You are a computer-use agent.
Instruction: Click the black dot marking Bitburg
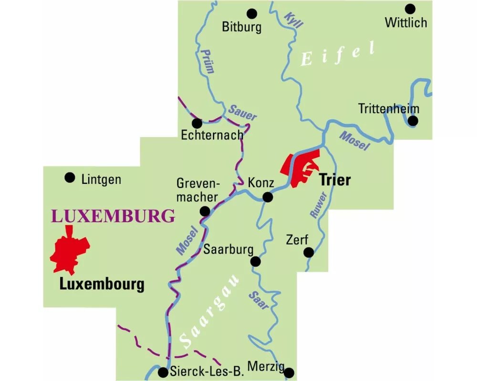[251, 13]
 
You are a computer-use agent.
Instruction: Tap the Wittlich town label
[406, 22]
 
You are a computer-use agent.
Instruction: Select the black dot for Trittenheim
[413, 121]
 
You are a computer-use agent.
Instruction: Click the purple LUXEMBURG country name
[113, 216]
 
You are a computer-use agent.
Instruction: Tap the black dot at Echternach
[197, 123]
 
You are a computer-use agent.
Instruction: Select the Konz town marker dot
[268, 197]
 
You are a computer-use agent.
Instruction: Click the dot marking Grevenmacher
[205, 211]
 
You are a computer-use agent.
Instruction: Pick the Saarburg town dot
[256, 261]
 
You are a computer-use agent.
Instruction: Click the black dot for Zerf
[309, 252]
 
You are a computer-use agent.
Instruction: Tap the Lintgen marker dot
[70, 178]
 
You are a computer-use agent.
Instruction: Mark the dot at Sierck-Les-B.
[163, 372]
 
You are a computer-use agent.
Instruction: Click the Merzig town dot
[289, 372]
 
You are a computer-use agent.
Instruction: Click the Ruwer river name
[318, 205]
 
